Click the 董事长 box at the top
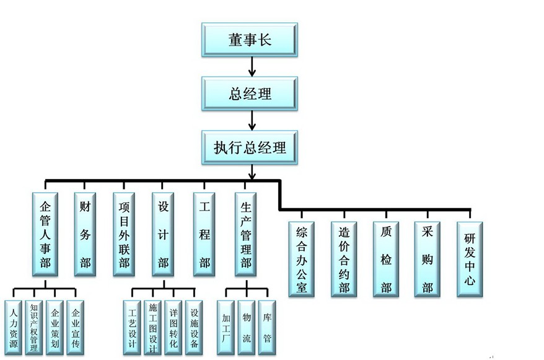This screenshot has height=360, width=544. coord(250,40)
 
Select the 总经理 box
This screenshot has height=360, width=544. coord(250,94)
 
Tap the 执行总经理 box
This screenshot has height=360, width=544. coord(250,147)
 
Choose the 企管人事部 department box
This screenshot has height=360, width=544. coord(45,234)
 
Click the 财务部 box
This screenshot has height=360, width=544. coord(85,234)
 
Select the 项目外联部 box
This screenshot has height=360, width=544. coord(124,234)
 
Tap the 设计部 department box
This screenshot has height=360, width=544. coord(164,234)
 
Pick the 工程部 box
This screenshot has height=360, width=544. coord(204,234)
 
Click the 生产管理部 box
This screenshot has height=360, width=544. coord(245,234)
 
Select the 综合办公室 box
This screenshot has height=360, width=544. coord(302,258)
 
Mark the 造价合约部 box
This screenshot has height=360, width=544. coord(344,258)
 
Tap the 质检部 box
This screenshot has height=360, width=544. coord(385,258)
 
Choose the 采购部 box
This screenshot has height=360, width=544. coord(427,258)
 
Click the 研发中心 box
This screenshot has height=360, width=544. coord(469,258)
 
